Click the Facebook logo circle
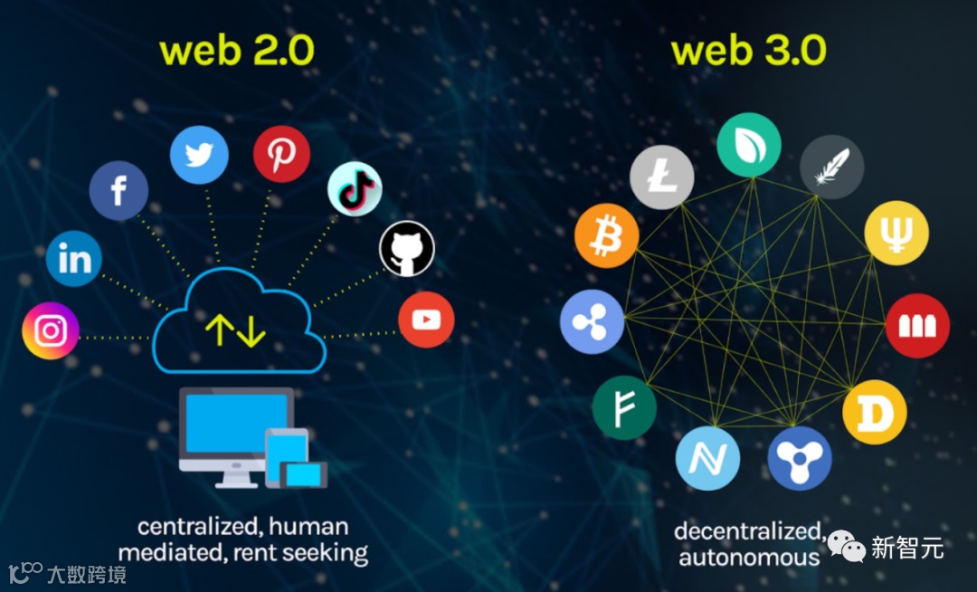point(119,191)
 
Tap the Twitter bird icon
point(199,155)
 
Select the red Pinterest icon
point(281,154)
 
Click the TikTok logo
point(355,189)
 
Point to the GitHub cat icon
point(407,249)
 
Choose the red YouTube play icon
point(426,320)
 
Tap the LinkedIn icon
point(74,258)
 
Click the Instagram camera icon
point(51,330)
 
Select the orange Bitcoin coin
point(606,236)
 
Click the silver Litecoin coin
point(661,177)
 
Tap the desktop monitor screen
point(237,423)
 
